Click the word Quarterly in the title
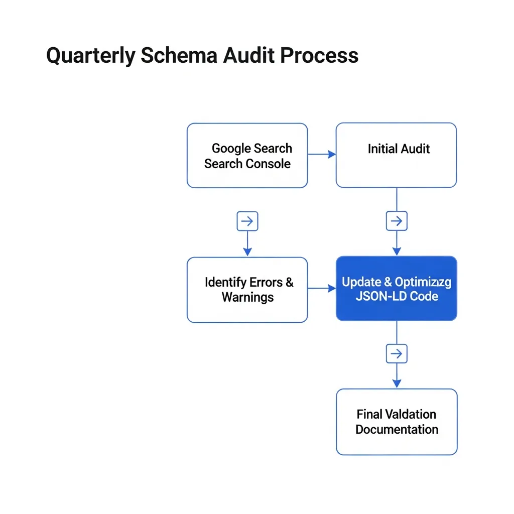[x=90, y=56]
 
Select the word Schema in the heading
[x=179, y=56]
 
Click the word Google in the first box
[x=231, y=149]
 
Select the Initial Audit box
[x=396, y=155]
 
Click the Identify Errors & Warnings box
[x=247, y=290]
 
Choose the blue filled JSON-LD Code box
[x=396, y=289]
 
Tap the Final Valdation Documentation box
[x=397, y=422]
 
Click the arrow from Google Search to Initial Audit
[x=322, y=154]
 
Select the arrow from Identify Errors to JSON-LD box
[x=322, y=288]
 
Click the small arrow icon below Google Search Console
[x=247, y=221]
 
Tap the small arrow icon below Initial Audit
[x=397, y=221]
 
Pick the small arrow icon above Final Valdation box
[x=397, y=354]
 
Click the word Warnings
[x=247, y=297]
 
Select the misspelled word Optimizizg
[x=423, y=282]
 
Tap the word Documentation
[x=397, y=430]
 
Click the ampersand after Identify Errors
[x=290, y=282]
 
